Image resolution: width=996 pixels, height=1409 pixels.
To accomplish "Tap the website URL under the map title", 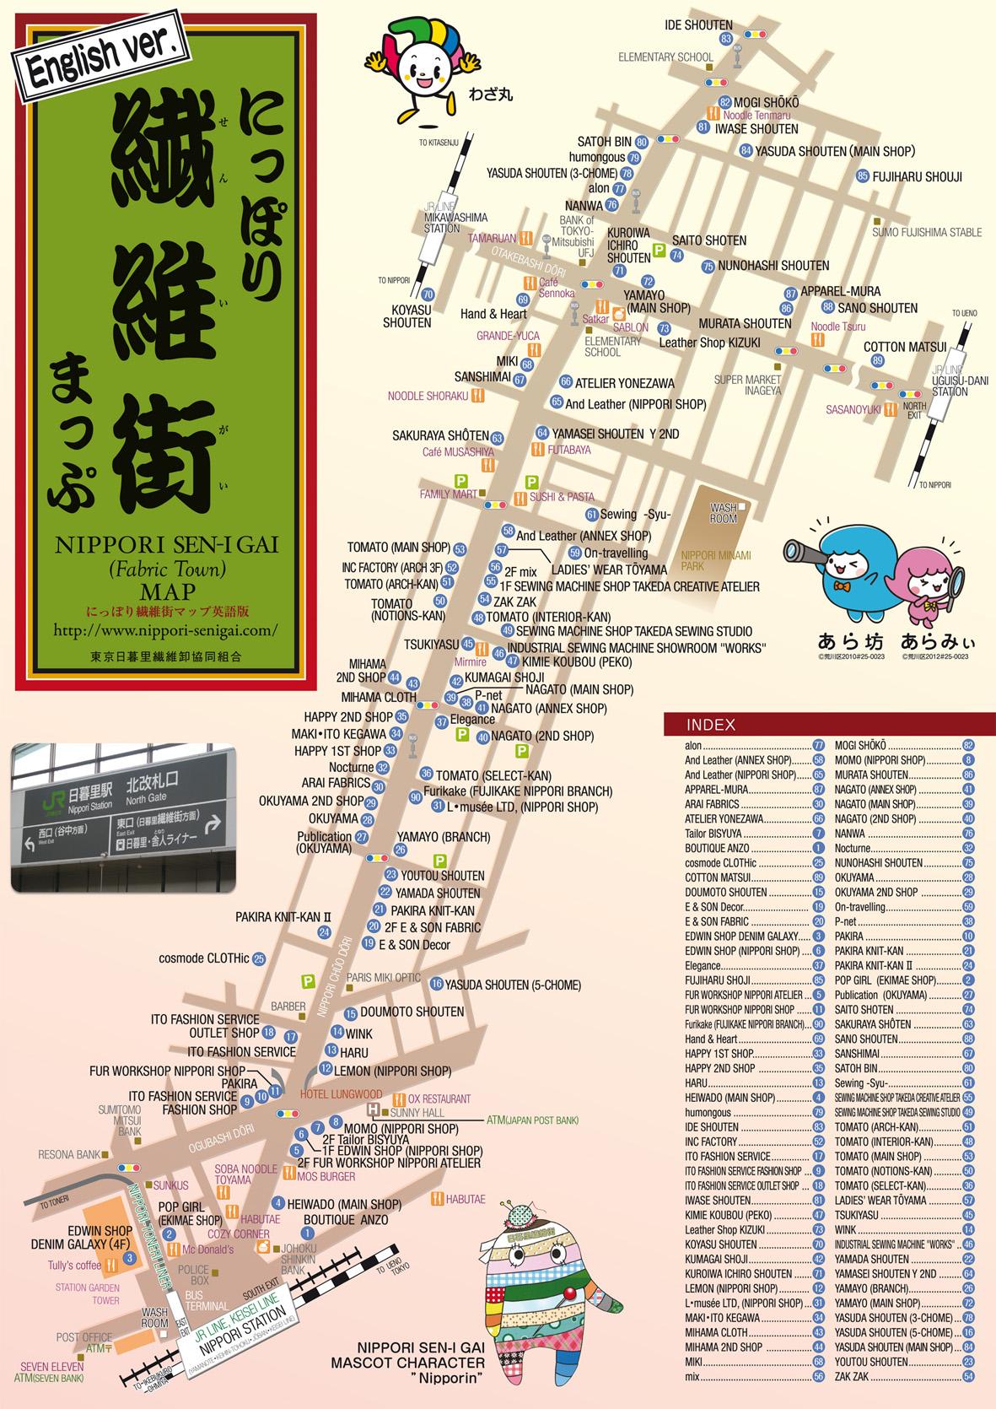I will coord(164,629).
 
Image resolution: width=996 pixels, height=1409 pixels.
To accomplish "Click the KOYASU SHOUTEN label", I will coord(406,316).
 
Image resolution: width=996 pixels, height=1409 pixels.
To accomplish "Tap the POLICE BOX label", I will coord(193,1275).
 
